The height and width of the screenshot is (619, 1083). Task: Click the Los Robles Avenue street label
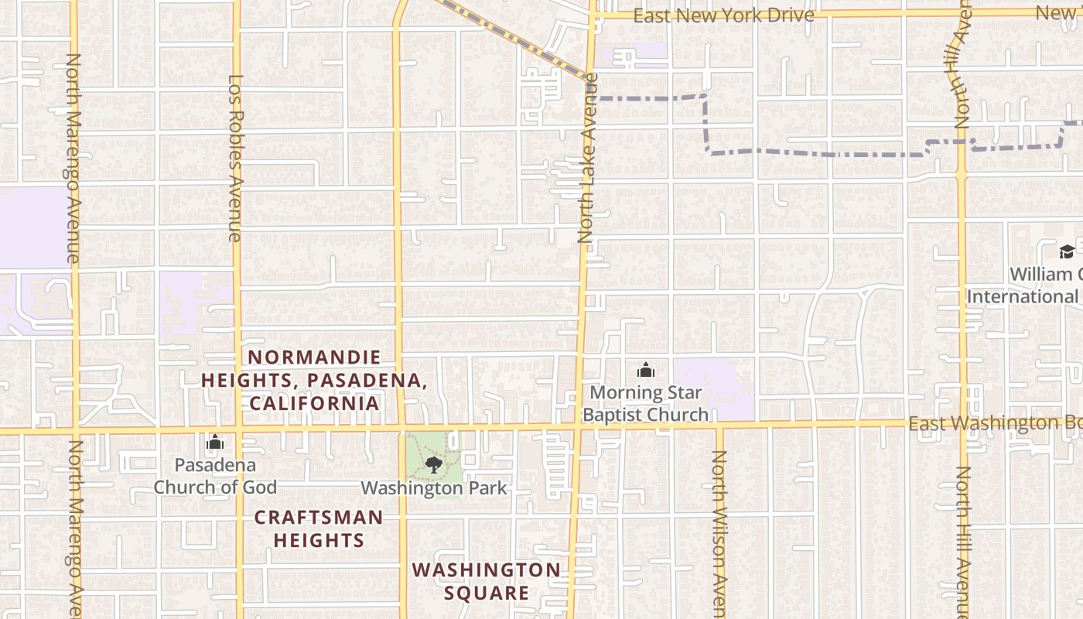(x=236, y=158)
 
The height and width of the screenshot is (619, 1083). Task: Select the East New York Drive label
(x=723, y=15)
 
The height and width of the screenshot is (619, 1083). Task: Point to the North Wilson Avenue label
(x=719, y=534)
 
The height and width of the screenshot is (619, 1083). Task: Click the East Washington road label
(x=995, y=423)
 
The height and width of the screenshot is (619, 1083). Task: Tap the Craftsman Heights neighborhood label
(x=319, y=528)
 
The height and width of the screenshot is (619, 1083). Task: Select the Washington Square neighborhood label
(x=486, y=581)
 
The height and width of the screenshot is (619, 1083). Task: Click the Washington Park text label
(x=434, y=488)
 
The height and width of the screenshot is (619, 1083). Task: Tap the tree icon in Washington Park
(x=433, y=464)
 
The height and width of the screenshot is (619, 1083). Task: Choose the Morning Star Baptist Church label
(x=645, y=403)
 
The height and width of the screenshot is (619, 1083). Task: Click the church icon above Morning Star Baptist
(x=645, y=371)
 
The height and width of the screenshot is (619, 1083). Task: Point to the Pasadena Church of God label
(x=215, y=476)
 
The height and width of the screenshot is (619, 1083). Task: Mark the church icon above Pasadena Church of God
(x=215, y=443)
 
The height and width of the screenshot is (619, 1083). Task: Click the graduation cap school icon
(x=1067, y=251)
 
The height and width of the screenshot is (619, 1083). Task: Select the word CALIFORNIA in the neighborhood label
(x=314, y=403)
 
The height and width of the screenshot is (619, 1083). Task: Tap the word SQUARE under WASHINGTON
(x=486, y=593)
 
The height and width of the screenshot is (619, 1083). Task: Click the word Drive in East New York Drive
(x=788, y=15)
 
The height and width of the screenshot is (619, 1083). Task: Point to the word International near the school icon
(x=1022, y=296)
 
